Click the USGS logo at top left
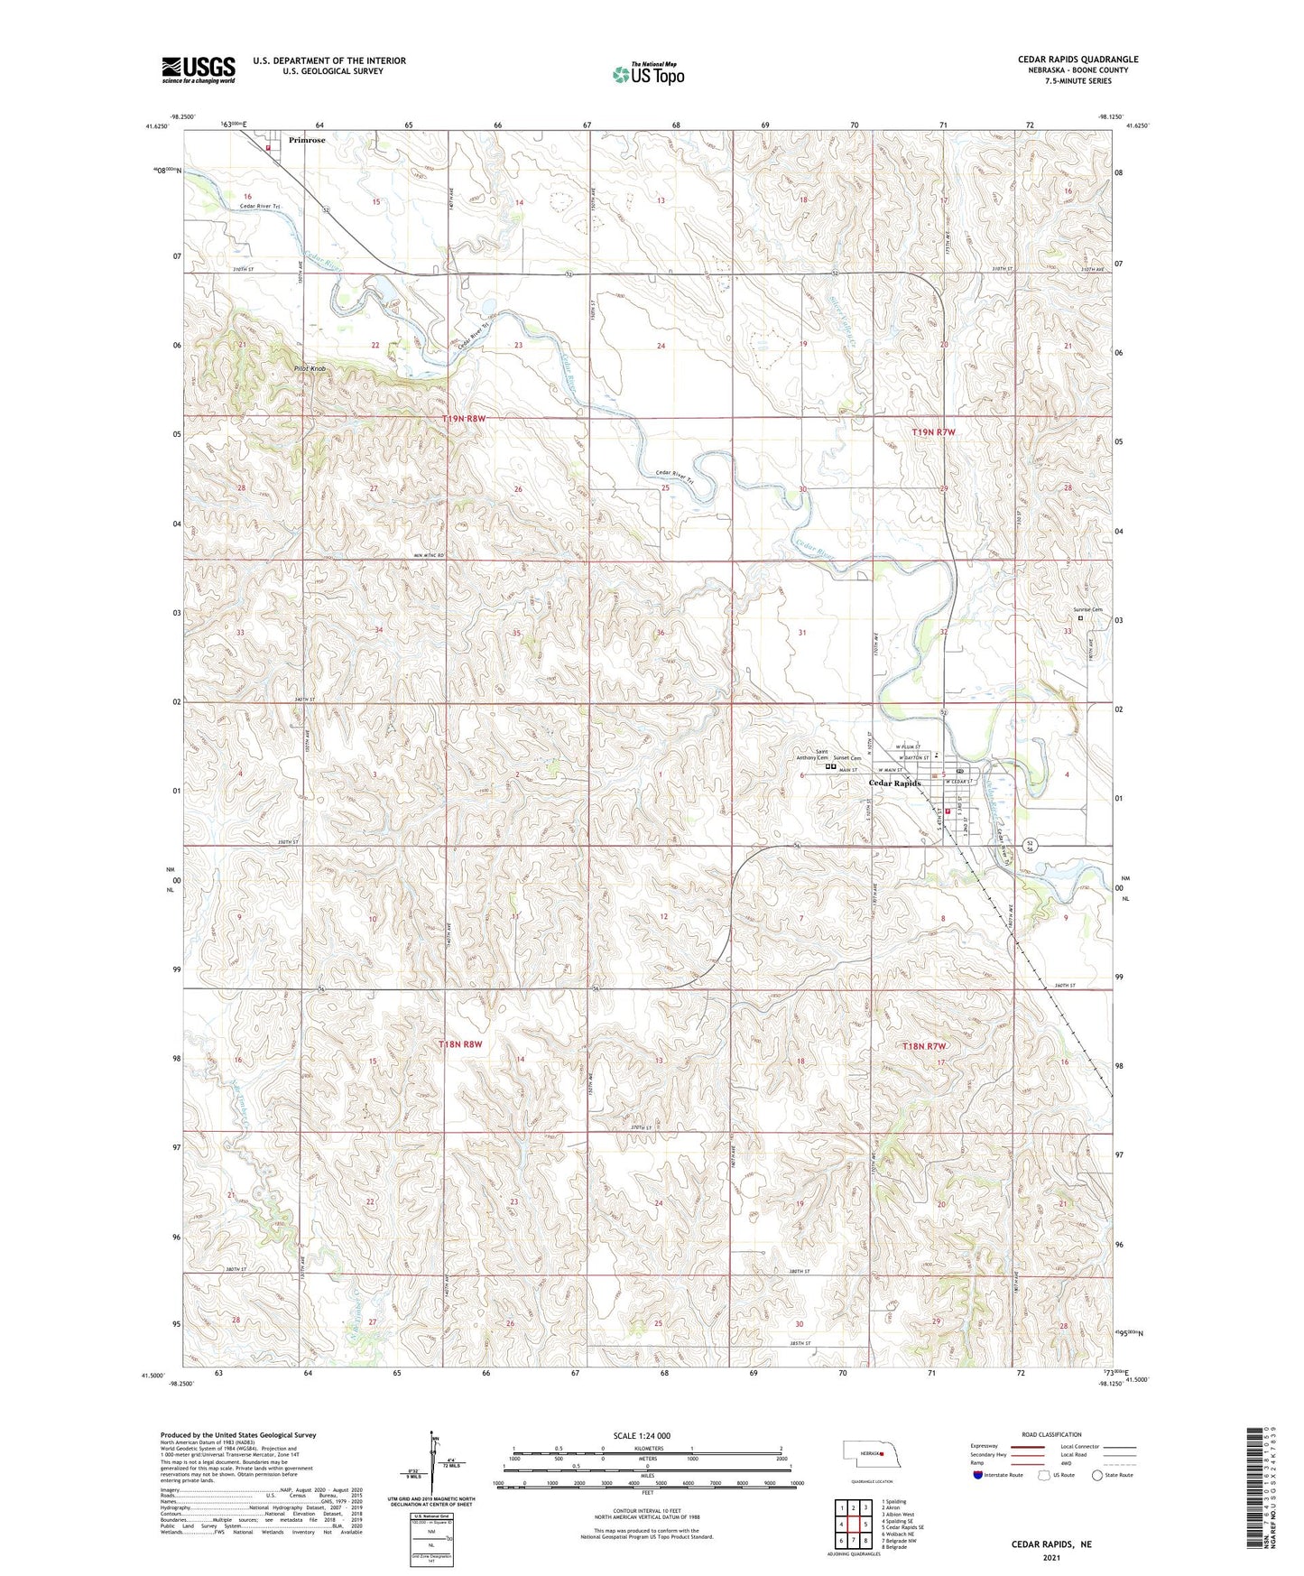[198, 69]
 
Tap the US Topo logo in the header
[648, 74]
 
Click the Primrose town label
[307, 141]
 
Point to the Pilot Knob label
[309, 369]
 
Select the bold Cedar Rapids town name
[894, 783]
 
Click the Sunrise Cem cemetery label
[1087, 610]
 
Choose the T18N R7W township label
[925, 1046]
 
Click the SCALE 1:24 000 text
[641, 1435]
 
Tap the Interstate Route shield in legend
[978, 1475]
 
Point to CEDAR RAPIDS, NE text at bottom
[1051, 1544]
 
